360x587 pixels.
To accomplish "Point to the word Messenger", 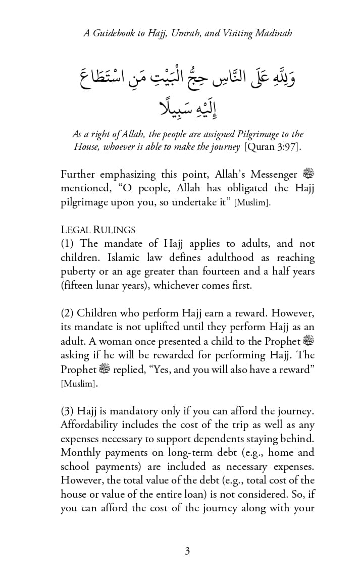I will [x=277, y=175].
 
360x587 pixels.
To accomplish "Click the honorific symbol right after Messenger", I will [x=308, y=175].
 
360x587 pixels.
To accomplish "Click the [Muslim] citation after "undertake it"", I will [x=252, y=203].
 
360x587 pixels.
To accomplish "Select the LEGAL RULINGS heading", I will [x=98, y=230].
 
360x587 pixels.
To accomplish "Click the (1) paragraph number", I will [x=68, y=243].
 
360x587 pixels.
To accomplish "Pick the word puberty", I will [x=77, y=272].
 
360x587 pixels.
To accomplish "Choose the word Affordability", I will [x=92, y=424].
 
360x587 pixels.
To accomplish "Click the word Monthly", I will [x=80, y=452].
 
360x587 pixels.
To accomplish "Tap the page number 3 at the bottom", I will [x=187, y=551].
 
